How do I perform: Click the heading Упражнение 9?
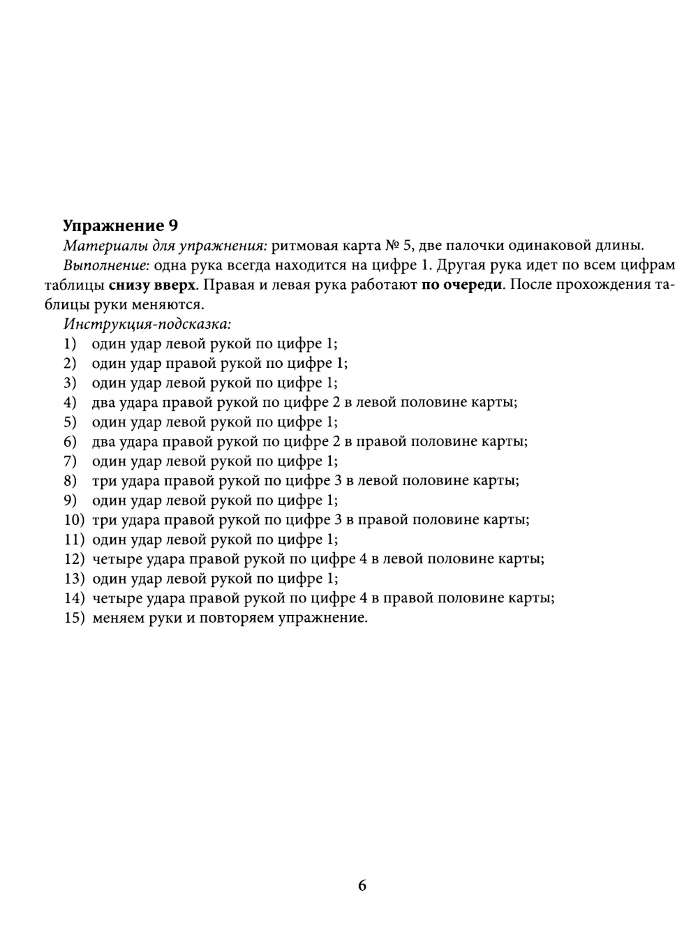(x=121, y=225)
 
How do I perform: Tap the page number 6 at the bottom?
(x=362, y=886)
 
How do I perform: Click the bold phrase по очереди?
(x=461, y=286)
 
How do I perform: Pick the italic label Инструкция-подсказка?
(x=147, y=325)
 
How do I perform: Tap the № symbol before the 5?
(x=392, y=246)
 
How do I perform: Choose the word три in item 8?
(x=102, y=481)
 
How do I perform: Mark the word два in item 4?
(x=103, y=403)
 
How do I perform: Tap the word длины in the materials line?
(x=624, y=246)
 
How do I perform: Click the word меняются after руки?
(x=169, y=305)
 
